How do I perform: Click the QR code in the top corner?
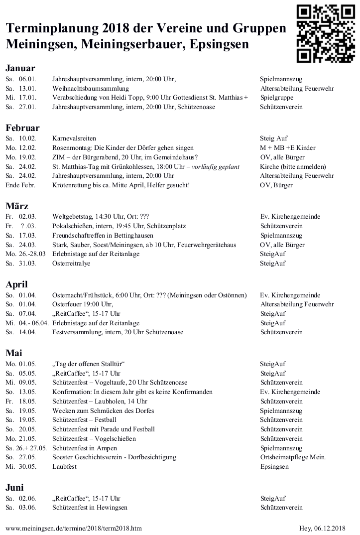point(325,33)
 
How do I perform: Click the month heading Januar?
point(20,68)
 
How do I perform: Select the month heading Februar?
point(22,128)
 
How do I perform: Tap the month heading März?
point(17,206)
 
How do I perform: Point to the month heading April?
point(16,284)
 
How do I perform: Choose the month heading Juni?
point(15,488)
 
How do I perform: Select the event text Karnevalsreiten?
point(74,138)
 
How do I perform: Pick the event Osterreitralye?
point(71,263)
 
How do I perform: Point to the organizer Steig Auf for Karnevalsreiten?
point(274,138)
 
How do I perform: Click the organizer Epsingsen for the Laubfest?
point(274,467)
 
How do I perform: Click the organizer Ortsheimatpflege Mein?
point(293,457)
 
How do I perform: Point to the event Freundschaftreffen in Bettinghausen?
point(103,235)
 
